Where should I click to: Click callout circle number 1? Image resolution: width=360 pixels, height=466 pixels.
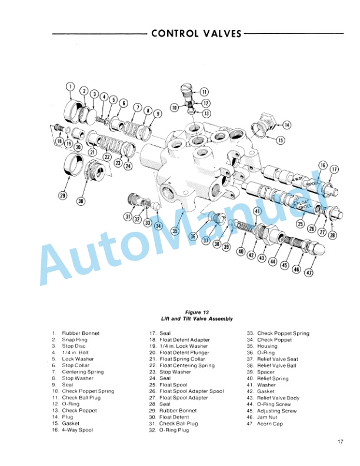70,86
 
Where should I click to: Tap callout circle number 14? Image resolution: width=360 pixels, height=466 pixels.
286,125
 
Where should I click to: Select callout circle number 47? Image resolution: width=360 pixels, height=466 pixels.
309,272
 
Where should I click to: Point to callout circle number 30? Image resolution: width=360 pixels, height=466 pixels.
81,201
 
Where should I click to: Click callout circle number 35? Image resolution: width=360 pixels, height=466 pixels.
175,230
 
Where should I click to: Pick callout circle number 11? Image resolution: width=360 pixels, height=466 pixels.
204,92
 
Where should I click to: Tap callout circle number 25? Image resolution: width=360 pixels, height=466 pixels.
301,223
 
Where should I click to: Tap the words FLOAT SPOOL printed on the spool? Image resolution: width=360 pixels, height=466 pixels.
303,205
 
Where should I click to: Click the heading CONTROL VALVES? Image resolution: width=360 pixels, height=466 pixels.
196,34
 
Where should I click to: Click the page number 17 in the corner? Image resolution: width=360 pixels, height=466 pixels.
341,441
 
